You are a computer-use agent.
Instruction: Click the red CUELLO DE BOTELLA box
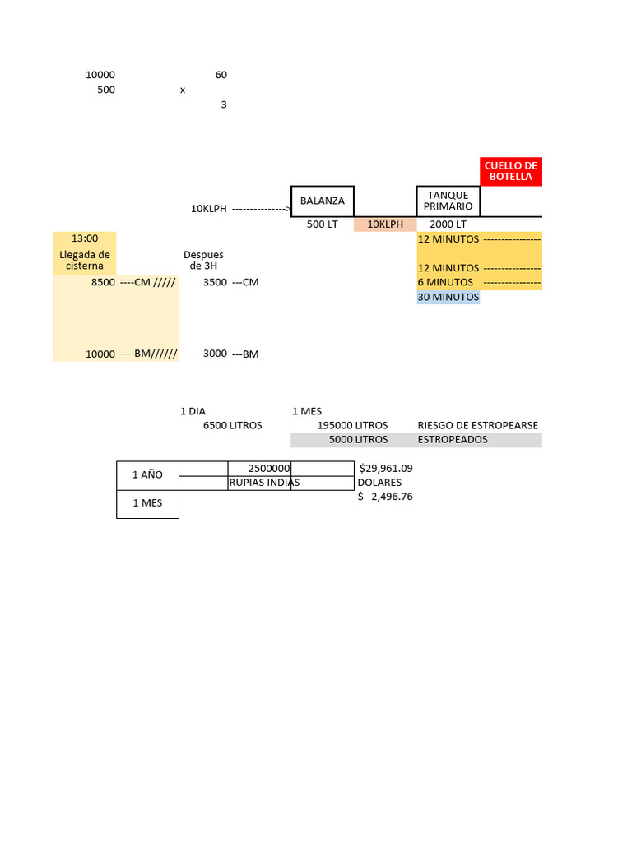[511, 171]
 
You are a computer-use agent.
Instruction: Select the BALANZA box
[322, 201]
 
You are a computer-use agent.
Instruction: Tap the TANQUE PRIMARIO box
[448, 201]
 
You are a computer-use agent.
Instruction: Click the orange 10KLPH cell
[385, 224]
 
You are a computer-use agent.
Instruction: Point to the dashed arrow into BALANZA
[261, 209]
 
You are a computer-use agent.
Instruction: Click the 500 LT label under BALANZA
[322, 224]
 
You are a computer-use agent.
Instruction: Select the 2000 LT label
[448, 224]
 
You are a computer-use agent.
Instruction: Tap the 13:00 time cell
[84, 238]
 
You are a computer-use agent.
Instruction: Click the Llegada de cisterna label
[84, 260]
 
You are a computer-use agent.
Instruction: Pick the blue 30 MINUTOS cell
[448, 297]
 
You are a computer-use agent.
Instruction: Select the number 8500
[103, 282]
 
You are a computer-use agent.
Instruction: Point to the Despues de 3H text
[203, 260]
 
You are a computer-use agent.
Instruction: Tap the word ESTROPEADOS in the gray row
[453, 439]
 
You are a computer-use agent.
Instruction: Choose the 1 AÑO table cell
[147, 475]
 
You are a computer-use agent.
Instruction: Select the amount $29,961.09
[386, 468]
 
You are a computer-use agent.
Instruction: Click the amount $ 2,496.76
[385, 496]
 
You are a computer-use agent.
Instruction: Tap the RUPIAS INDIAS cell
[263, 483]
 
